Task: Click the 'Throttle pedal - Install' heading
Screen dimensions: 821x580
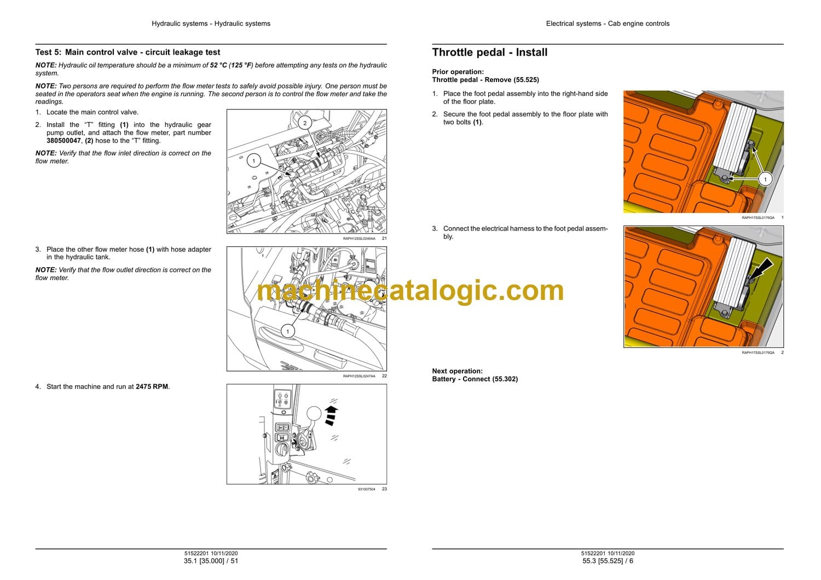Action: click(490, 53)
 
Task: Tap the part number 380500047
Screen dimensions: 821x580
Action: click(63, 141)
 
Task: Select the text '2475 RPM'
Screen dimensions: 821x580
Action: click(152, 386)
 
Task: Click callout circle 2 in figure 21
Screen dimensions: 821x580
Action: click(304, 123)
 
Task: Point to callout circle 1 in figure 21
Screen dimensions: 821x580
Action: click(253, 160)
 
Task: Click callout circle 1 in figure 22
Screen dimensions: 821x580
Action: click(288, 332)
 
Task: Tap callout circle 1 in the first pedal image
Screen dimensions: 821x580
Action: click(765, 179)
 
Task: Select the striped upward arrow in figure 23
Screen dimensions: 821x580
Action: click(331, 415)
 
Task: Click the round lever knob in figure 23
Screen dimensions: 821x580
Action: click(314, 414)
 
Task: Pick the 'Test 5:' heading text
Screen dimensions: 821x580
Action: click(48, 53)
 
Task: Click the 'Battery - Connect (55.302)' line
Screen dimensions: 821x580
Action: click(475, 379)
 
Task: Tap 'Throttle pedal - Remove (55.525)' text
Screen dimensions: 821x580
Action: click(485, 80)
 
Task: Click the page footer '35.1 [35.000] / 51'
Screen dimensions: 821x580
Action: click(211, 561)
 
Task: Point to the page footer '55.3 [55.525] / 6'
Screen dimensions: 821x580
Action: click(608, 561)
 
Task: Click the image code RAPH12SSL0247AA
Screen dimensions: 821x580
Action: click(359, 376)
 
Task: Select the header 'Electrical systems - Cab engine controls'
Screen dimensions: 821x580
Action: click(608, 24)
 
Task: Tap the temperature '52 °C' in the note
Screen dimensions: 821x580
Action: click(218, 65)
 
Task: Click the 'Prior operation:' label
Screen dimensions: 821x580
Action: click(458, 72)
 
